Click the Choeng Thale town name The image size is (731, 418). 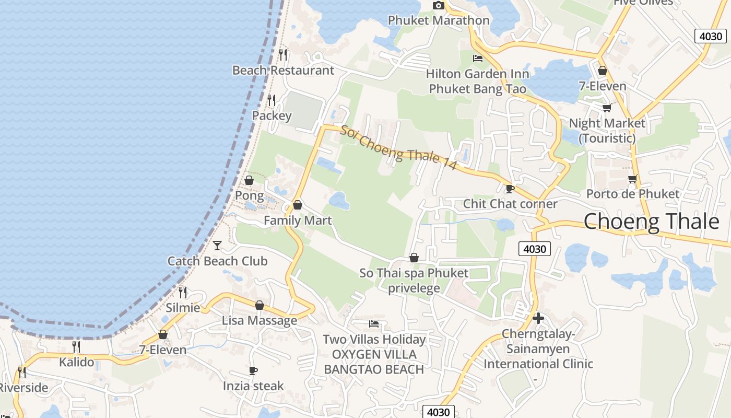tap(651, 222)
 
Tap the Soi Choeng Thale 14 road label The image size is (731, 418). tap(398, 148)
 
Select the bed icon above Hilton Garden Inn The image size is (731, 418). tap(478, 58)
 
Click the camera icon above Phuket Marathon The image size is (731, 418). tap(439, 6)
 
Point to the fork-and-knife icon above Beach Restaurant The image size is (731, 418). tap(283, 54)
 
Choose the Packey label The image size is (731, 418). tap(272, 115)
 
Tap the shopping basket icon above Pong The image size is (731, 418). tap(249, 180)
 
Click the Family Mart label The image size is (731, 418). tap(298, 220)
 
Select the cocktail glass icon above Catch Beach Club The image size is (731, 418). tap(217, 245)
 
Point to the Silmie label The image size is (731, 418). tap(183, 308)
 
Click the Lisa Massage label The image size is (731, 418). tap(260, 320)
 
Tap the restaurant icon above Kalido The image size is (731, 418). tap(76, 346)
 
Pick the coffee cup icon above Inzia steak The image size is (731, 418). tap(253, 371)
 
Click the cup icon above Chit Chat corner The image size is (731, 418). tap(510, 189)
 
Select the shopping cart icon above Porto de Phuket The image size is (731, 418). tap(633, 179)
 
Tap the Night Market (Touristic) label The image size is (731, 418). tap(607, 131)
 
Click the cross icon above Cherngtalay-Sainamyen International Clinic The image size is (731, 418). tap(538, 318)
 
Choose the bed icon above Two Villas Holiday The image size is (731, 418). tap(374, 324)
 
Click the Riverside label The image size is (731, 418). tap(23, 388)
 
